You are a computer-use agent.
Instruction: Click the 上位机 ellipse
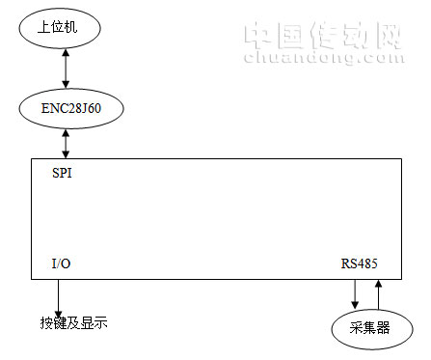pos(60,28)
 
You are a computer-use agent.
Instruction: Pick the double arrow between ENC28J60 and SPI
pos(65,145)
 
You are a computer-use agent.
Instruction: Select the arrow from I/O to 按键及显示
pos(59,293)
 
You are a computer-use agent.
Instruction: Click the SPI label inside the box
pos(61,176)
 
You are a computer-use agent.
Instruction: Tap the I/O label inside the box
pos(61,263)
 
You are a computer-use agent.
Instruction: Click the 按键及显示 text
pos(73,321)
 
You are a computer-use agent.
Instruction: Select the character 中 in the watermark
pos(257,36)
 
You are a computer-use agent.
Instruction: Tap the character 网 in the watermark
pos(385,36)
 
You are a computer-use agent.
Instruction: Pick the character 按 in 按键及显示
pos(46,321)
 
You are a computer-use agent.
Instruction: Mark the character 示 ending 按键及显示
pos(100,321)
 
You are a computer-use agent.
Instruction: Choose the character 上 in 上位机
pos(43,28)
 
